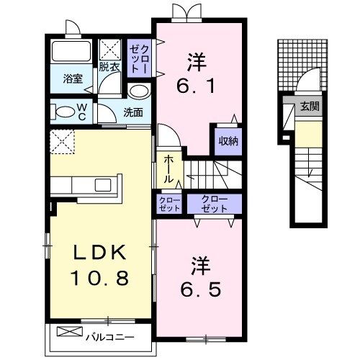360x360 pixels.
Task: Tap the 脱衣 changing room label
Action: (x=109, y=67)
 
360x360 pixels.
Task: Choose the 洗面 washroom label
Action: (x=132, y=112)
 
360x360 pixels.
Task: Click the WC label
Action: (x=82, y=112)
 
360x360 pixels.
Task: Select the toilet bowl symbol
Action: (x=63, y=112)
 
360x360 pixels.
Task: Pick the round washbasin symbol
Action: (x=139, y=92)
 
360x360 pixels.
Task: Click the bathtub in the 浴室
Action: (x=71, y=53)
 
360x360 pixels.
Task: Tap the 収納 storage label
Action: (x=228, y=141)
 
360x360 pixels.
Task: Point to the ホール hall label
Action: (x=168, y=168)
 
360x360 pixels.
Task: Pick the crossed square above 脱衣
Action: (x=111, y=50)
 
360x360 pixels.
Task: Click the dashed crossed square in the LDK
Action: (x=63, y=143)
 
